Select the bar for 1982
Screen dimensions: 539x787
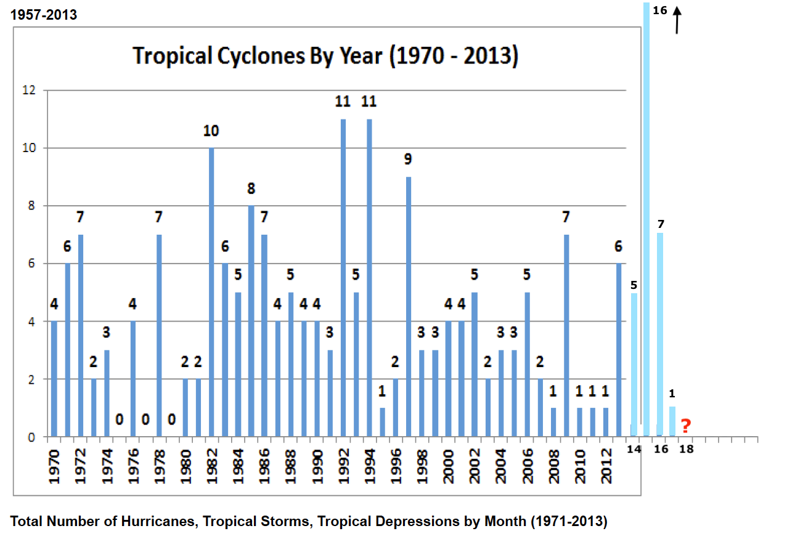pos(212,292)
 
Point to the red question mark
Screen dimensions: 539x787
pos(685,426)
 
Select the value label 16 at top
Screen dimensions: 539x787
pos(659,10)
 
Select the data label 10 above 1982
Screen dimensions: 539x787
pos(211,131)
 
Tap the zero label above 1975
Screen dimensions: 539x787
pos(120,419)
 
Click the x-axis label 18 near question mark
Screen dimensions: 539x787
pos(686,449)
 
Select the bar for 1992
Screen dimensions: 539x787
pos(343,278)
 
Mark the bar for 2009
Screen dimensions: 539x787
pos(566,336)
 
